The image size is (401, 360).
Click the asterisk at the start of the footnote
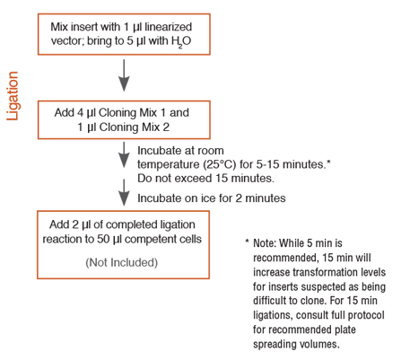coord(247,243)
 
